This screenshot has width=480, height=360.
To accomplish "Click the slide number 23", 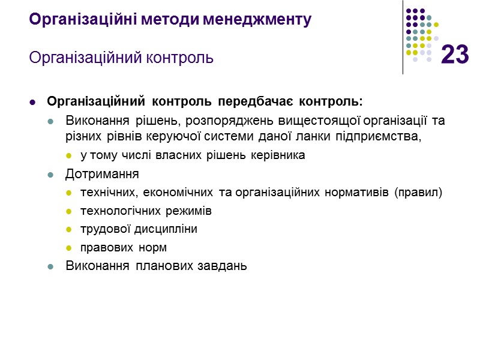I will click(x=455, y=55).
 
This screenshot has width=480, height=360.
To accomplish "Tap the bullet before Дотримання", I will click(x=52, y=175).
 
